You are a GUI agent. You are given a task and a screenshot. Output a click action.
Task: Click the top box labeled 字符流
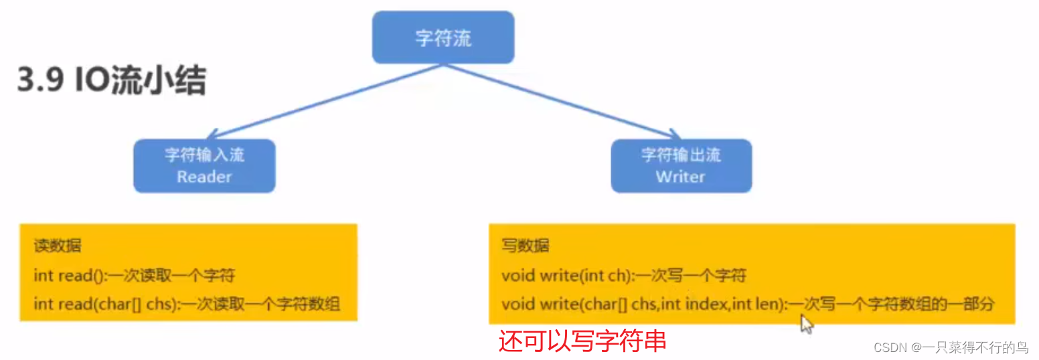[443, 37]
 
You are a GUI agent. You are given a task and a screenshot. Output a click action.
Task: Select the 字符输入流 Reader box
[204, 166]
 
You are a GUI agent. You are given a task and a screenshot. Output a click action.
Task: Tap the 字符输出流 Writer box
[681, 166]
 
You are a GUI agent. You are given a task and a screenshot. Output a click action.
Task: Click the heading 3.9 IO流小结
[111, 82]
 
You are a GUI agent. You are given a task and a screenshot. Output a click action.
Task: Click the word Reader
[204, 177]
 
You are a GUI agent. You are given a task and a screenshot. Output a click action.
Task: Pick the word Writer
[681, 177]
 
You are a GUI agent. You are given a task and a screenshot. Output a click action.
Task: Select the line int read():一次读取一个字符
[135, 275]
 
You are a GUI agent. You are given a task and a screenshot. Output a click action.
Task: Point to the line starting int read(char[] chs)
[187, 304]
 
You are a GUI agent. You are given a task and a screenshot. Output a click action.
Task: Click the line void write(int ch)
[624, 275]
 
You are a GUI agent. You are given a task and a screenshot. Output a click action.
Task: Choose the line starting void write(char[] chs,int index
[748, 304]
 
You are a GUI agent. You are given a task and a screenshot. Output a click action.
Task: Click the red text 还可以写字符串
[582, 341]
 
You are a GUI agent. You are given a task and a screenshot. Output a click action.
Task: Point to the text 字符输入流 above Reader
[204, 155]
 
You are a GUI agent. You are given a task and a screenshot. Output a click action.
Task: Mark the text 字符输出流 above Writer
[681, 155]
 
